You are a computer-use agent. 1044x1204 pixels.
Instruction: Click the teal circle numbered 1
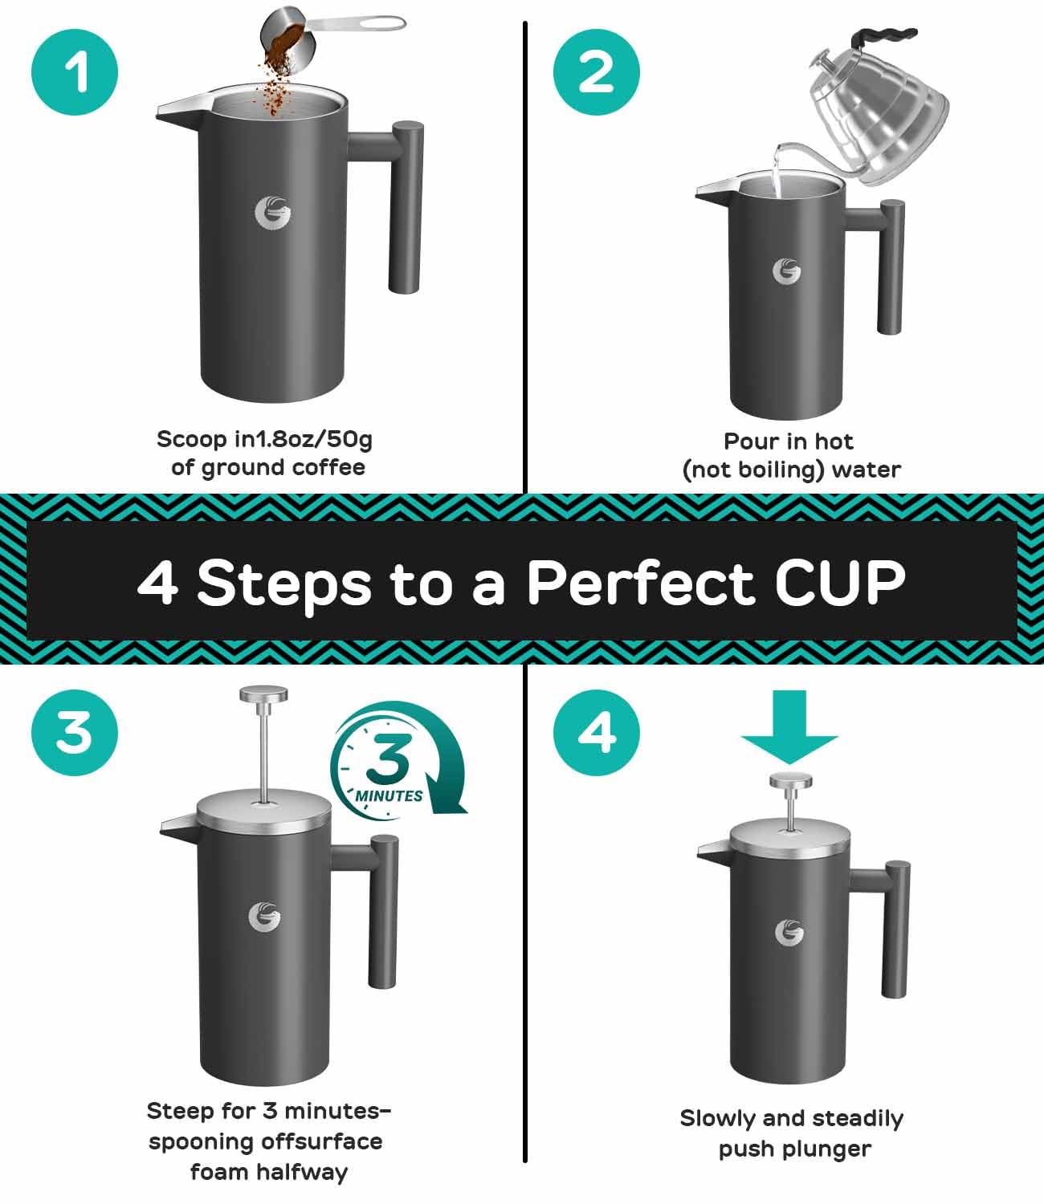[x=75, y=74]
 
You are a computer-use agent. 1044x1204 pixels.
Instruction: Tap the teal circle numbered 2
[x=597, y=74]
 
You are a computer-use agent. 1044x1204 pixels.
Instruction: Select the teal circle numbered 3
[x=75, y=733]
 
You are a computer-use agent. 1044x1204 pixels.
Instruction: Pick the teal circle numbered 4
[x=597, y=733]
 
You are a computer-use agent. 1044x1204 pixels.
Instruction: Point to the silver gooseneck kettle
[x=875, y=112]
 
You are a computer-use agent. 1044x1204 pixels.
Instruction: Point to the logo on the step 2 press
[x=786, y=271]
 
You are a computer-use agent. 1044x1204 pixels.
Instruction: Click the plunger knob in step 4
[x=790, y=780]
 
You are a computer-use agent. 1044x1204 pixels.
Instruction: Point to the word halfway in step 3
[x=308, y=1173]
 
